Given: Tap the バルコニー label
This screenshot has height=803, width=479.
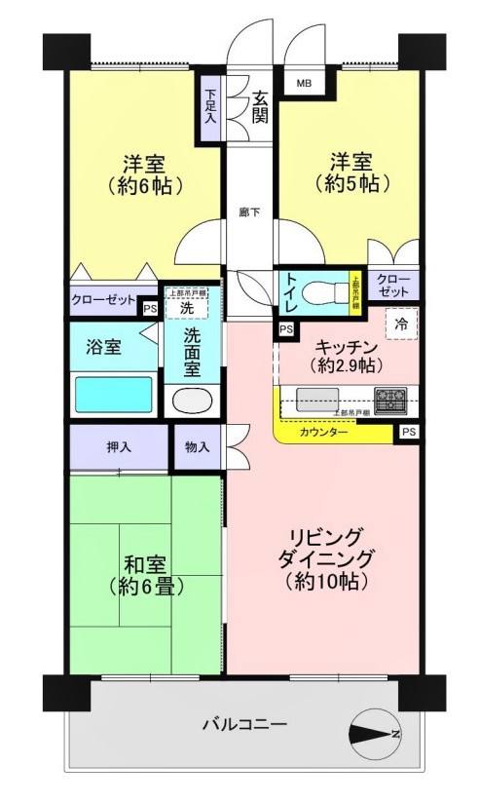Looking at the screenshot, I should coord(243,724).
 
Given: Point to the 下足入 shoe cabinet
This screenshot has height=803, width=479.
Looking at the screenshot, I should coord(210,106).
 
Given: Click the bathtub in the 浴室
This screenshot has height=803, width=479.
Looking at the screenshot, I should coord(115,396).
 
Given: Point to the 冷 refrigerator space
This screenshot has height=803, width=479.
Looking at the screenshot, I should coord(400,325).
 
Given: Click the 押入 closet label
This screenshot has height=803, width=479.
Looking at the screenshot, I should coord(120,447).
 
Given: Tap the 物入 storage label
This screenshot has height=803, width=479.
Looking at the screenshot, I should coord(198,447).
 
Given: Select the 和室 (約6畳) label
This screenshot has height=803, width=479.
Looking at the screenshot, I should coord(149,574).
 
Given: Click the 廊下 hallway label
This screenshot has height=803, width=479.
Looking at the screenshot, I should coord(251,210).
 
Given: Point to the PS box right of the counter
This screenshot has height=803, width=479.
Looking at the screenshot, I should coord(408,432).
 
